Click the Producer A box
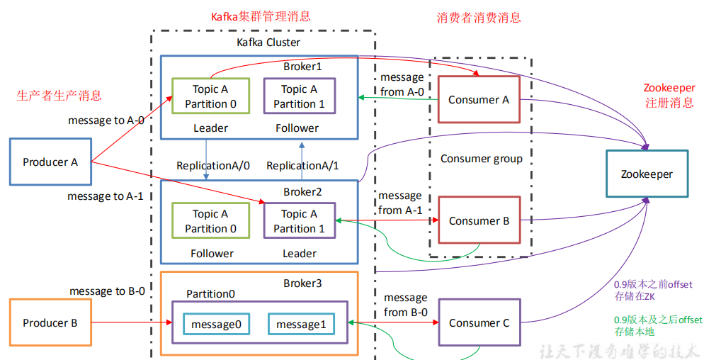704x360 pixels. [50, 162]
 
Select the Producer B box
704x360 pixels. [50, 322]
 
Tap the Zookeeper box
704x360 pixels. [647, 174]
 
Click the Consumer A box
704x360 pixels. [479, 100]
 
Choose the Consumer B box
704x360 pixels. [479, 221]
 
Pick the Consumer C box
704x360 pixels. [479, 323]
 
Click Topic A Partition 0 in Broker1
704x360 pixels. [210, 96]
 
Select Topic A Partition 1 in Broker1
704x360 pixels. [299, 96]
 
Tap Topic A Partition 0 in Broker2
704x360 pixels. [210, 221]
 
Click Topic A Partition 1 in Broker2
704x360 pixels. [299, 221]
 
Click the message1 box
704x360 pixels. [301, 325]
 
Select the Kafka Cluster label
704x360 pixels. [268, 43]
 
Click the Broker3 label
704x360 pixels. [302, 283]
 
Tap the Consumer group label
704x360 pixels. [482, 159]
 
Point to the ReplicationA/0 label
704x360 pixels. [213, 166]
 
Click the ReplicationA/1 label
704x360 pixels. [302, 166]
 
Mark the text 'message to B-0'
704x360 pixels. [107, 291]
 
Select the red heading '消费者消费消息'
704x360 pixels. [479, 18]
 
